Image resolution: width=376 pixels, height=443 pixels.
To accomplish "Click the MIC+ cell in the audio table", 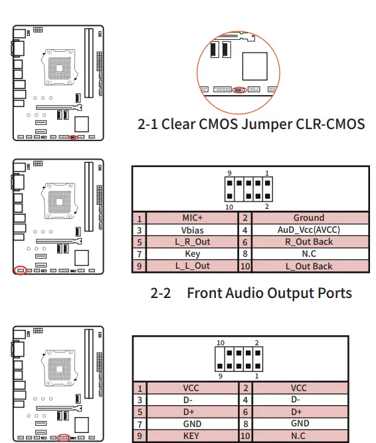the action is (x=192, y=218).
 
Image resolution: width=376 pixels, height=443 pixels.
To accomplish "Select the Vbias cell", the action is (x=192, y=230).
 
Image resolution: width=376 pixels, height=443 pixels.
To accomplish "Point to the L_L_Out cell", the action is (x=192, y=266).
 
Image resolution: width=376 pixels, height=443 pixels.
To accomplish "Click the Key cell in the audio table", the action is (x=192, y=253).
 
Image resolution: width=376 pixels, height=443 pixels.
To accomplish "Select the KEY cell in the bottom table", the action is (x=192, y=436).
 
